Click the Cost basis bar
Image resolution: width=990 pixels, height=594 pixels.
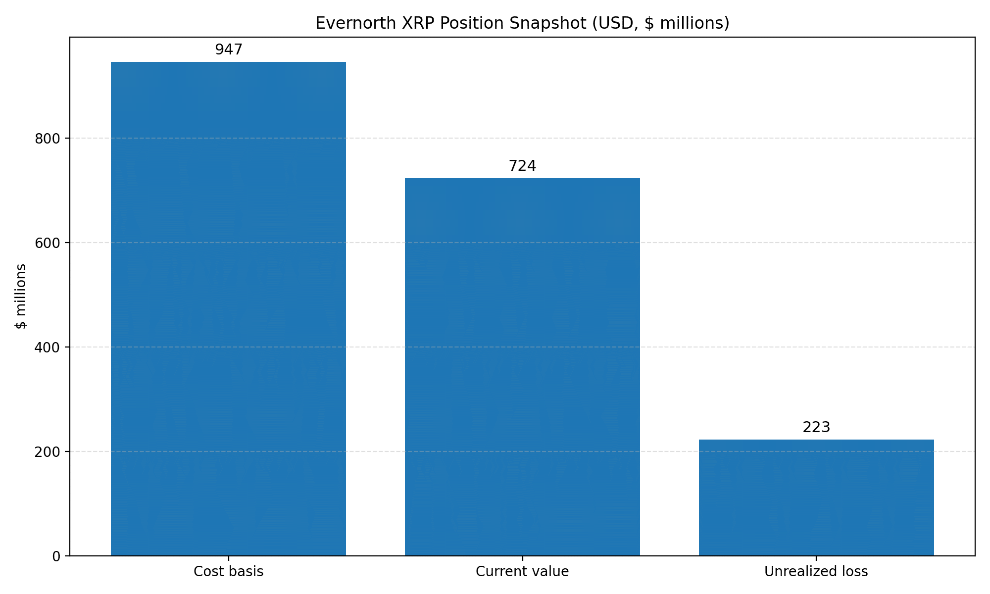click(x=228, y=309)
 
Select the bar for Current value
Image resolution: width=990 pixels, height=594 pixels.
click(x=522, y=367)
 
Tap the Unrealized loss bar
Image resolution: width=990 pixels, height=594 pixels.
click(x=816, y=497)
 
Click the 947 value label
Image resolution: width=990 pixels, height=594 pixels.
click(x=229, y=49)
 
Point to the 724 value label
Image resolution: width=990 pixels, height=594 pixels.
click(x=522, y=166)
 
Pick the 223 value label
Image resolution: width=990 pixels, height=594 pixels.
click(x=816, y=427)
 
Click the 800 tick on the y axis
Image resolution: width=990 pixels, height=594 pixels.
click(x=47, y=139)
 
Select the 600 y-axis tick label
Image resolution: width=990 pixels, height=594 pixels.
click(x=47, y=243)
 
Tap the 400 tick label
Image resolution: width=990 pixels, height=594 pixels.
click(x=47, y=347)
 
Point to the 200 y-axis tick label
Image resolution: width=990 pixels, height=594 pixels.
click(x=47, y=452)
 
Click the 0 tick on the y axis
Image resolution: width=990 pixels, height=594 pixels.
click(x=56, y=556)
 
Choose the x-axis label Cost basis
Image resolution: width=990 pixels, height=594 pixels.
click(x=228, y=572)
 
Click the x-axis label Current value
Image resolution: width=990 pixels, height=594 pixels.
click(x=522, y=572)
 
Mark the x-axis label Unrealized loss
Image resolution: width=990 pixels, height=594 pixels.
click(x=816, y=572)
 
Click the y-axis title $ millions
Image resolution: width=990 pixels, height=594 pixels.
click(x=21, y=296)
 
